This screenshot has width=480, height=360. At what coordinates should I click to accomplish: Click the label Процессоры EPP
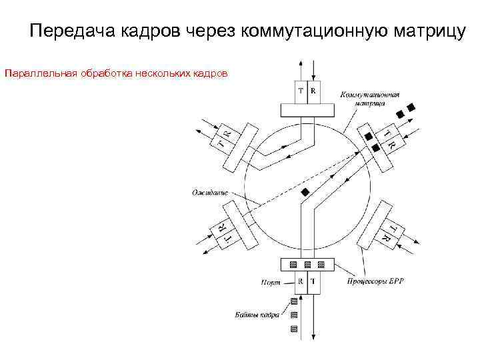tap(375, 282)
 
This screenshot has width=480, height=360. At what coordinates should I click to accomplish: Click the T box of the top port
tap(301, 91)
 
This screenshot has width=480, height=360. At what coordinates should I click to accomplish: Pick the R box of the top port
tap(313, 91)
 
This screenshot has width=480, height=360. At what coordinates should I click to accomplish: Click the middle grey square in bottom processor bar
tap(307, 265)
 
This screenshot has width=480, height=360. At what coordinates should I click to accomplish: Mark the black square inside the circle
tap(305, 192)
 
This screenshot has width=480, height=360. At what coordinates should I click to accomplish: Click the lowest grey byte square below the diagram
tap(293, 329)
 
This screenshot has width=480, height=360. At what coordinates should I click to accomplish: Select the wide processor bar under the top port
tap(307, 109)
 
